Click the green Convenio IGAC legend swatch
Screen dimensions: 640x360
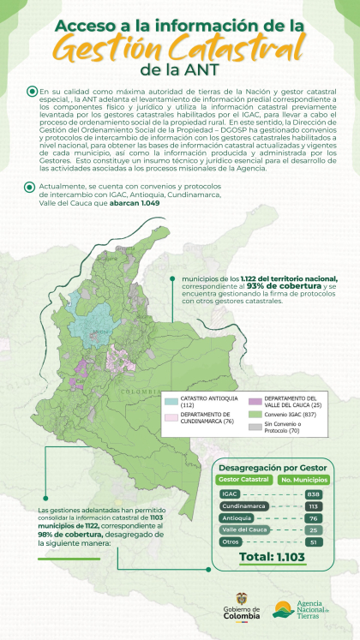pos(255,415)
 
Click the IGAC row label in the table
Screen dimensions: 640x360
pos(228,494)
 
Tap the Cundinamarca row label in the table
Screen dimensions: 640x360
pos(241,506)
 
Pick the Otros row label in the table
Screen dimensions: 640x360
pos(230,541)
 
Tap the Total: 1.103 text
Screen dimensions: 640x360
pos(270,557)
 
